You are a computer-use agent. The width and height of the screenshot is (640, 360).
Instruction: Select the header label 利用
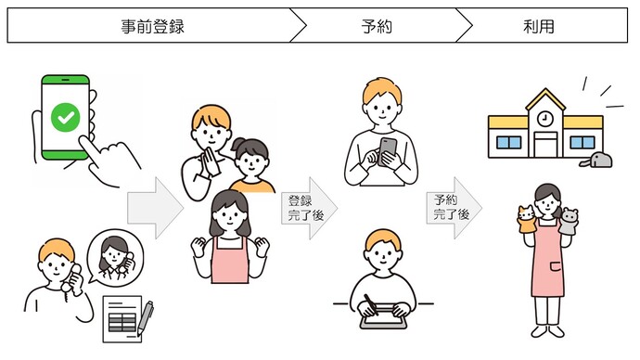(538, 26)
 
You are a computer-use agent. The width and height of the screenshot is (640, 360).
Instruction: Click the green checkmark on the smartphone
(66, 118)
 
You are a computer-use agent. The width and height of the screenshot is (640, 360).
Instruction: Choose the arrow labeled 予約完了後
(454, 207)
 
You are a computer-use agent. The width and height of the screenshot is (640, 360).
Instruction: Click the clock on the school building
(544, 119)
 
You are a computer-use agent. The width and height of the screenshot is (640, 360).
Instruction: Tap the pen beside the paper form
(146, 318)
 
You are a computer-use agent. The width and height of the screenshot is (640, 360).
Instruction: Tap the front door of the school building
(545, 145)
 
